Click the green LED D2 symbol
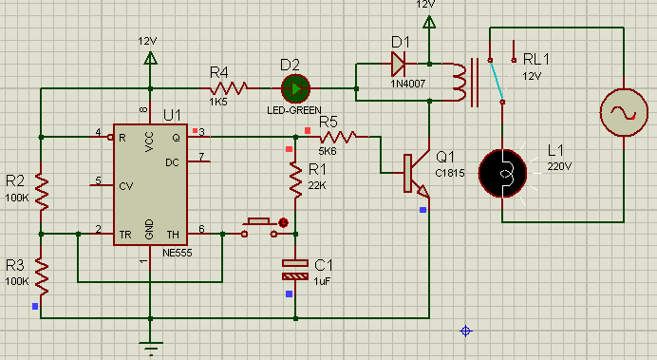point(295,88)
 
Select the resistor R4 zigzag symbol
point(229,88)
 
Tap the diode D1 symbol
point(398,65)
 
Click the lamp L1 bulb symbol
point(502,173)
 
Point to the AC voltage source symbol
point(624,112)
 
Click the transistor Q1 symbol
point(417,173)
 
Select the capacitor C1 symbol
point(295,270)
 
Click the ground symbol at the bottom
point(150,348)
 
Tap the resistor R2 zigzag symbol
point(41,192)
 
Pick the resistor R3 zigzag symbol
point(41,276)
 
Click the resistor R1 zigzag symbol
point(295,180)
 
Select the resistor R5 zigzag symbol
point(338,137)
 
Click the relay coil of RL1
point(460,83)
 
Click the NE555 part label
point(178,253)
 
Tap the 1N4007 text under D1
point(408,84)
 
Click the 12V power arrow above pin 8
point(150,58)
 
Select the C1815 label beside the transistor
point(450,173)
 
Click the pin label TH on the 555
point(173,235)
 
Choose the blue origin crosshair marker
point(466,332)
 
